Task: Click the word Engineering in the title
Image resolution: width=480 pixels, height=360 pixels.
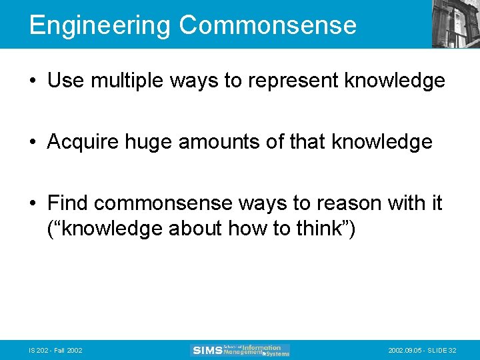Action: click(x=100, y=26)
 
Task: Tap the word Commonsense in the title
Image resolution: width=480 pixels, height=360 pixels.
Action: click(x=268, y=25)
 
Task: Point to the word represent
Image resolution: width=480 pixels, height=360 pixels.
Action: click(x=291, y=81)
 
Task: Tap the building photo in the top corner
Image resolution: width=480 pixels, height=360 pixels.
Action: click(x=456, y=24)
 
